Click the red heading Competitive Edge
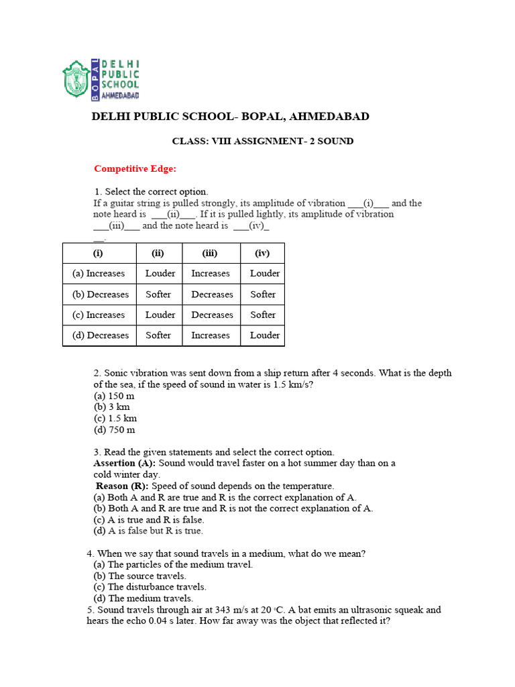pos(135,168)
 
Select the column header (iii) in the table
pos(210,253)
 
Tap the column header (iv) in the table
pos(262,253)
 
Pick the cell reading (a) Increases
pos(99,274)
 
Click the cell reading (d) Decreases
pos(99,335)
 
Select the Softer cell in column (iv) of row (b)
pos(263,295)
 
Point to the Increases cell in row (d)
pos(210,335)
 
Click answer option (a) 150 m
pos(114,396)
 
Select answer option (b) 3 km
pos(111,407)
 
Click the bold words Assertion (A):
pos(124,464)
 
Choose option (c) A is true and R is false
pos(149,520)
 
